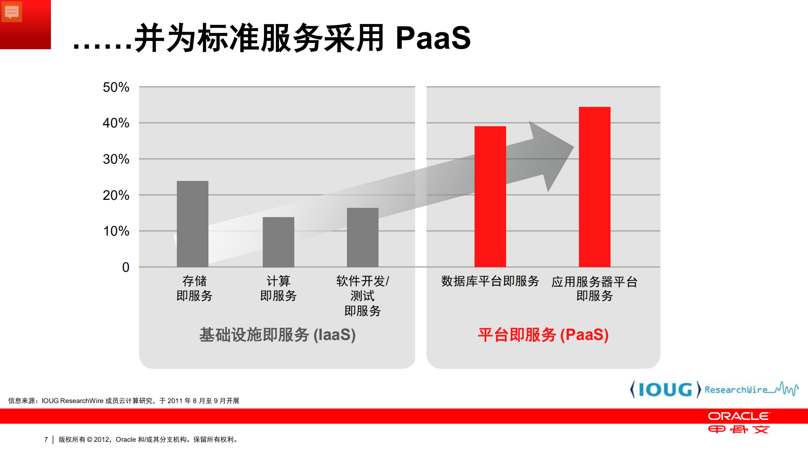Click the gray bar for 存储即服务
tap(192, 224)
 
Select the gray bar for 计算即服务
tap(278, 242)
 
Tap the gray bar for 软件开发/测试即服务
tap(363, 237)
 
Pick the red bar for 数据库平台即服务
tap(490, 196)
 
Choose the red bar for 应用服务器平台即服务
tap(595, 187)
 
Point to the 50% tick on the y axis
tap(116, 87)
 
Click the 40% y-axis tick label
tap(116, 123)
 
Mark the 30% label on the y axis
tap(116, 159)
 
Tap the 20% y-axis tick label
tap(116, 195)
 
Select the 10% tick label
tap(116, 231)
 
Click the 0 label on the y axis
tap(125, 267)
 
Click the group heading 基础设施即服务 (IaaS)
tap(277, 335)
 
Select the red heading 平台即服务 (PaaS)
tap(543, 335)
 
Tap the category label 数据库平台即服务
tap(490, 281)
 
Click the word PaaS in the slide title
tap(433, 38)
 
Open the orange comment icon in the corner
tap(12, 12)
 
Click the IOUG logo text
tap(665, 390)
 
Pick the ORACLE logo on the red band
tap(739, 416)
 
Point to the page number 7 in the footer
tap(46, 439)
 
